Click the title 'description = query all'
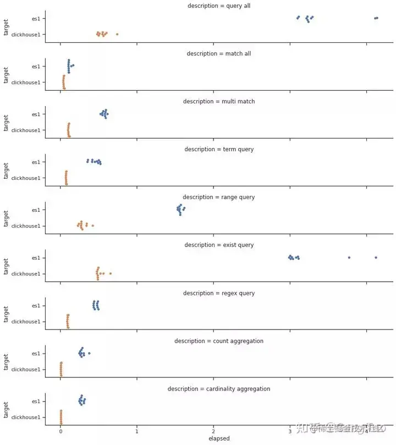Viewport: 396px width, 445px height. pyautogui.click(x=219, y=6)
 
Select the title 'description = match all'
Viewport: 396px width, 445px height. pyautogui.click(x=219, y=53)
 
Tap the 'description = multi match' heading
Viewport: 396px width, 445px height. pyautogui.click(x=219, y=101)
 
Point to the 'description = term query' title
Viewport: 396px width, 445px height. pyautogui.click(x=219, y=149)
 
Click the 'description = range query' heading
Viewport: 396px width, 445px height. pyautogui.click(x=219, y=197)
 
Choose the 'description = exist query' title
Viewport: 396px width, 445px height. pyautogui.click(x=219, y=245)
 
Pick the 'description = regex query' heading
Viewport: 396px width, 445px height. pyautogui.click(x=219, y=293)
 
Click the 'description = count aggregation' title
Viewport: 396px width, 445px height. pyautogui.click(x=219, y=341)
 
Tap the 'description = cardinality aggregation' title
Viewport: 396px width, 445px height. pyautogui.click(x=219, y=389)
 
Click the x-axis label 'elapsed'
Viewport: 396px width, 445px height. pyautogui.click(x=219, y=439)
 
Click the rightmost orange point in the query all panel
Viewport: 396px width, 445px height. pyautogui.click(x=117, y=34)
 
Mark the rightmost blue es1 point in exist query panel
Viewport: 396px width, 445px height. pyautogui.click(x=376, y=257)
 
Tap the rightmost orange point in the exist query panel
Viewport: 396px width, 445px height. pyautogui.click(x=111, y=273)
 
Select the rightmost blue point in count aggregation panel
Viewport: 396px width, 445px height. pyautogui.click(x=89, y=353)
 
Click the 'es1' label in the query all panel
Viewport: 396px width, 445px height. pyautogui.click(x=36, y=18)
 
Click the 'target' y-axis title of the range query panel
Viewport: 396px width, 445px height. pyautogui.click(x=6, y=218)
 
